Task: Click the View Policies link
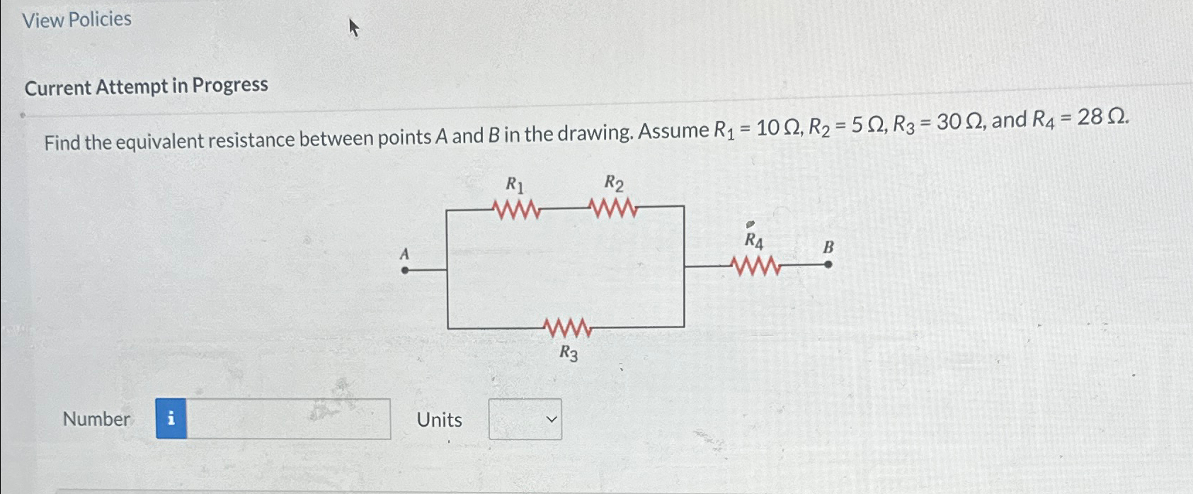(x=76, y=19)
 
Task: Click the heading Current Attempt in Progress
(x=146, y=86)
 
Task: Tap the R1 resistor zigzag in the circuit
(x=517, y=210)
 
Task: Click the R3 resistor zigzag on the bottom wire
(x=568, y=328)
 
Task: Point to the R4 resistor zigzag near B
(x=756, y=266)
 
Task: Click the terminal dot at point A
(x=405, y=270)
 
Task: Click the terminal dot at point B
(x=828, y=265)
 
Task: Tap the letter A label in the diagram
(x=404, y=254)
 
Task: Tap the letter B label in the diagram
(x=828, y=247)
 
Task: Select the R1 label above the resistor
(x=515, y=186)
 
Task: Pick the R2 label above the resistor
(x=613, y=184)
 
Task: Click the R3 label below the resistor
(x=569, y=352)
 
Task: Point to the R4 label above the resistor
(x=754, y=241)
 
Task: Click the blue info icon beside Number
(x=171, y=419)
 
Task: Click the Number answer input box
(x=288, y=419)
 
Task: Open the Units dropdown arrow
(x=552, y=420)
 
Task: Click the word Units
(x=439, y=420)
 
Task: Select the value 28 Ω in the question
(x=1101, y=117)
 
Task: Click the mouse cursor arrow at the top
(x=354, y=28)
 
